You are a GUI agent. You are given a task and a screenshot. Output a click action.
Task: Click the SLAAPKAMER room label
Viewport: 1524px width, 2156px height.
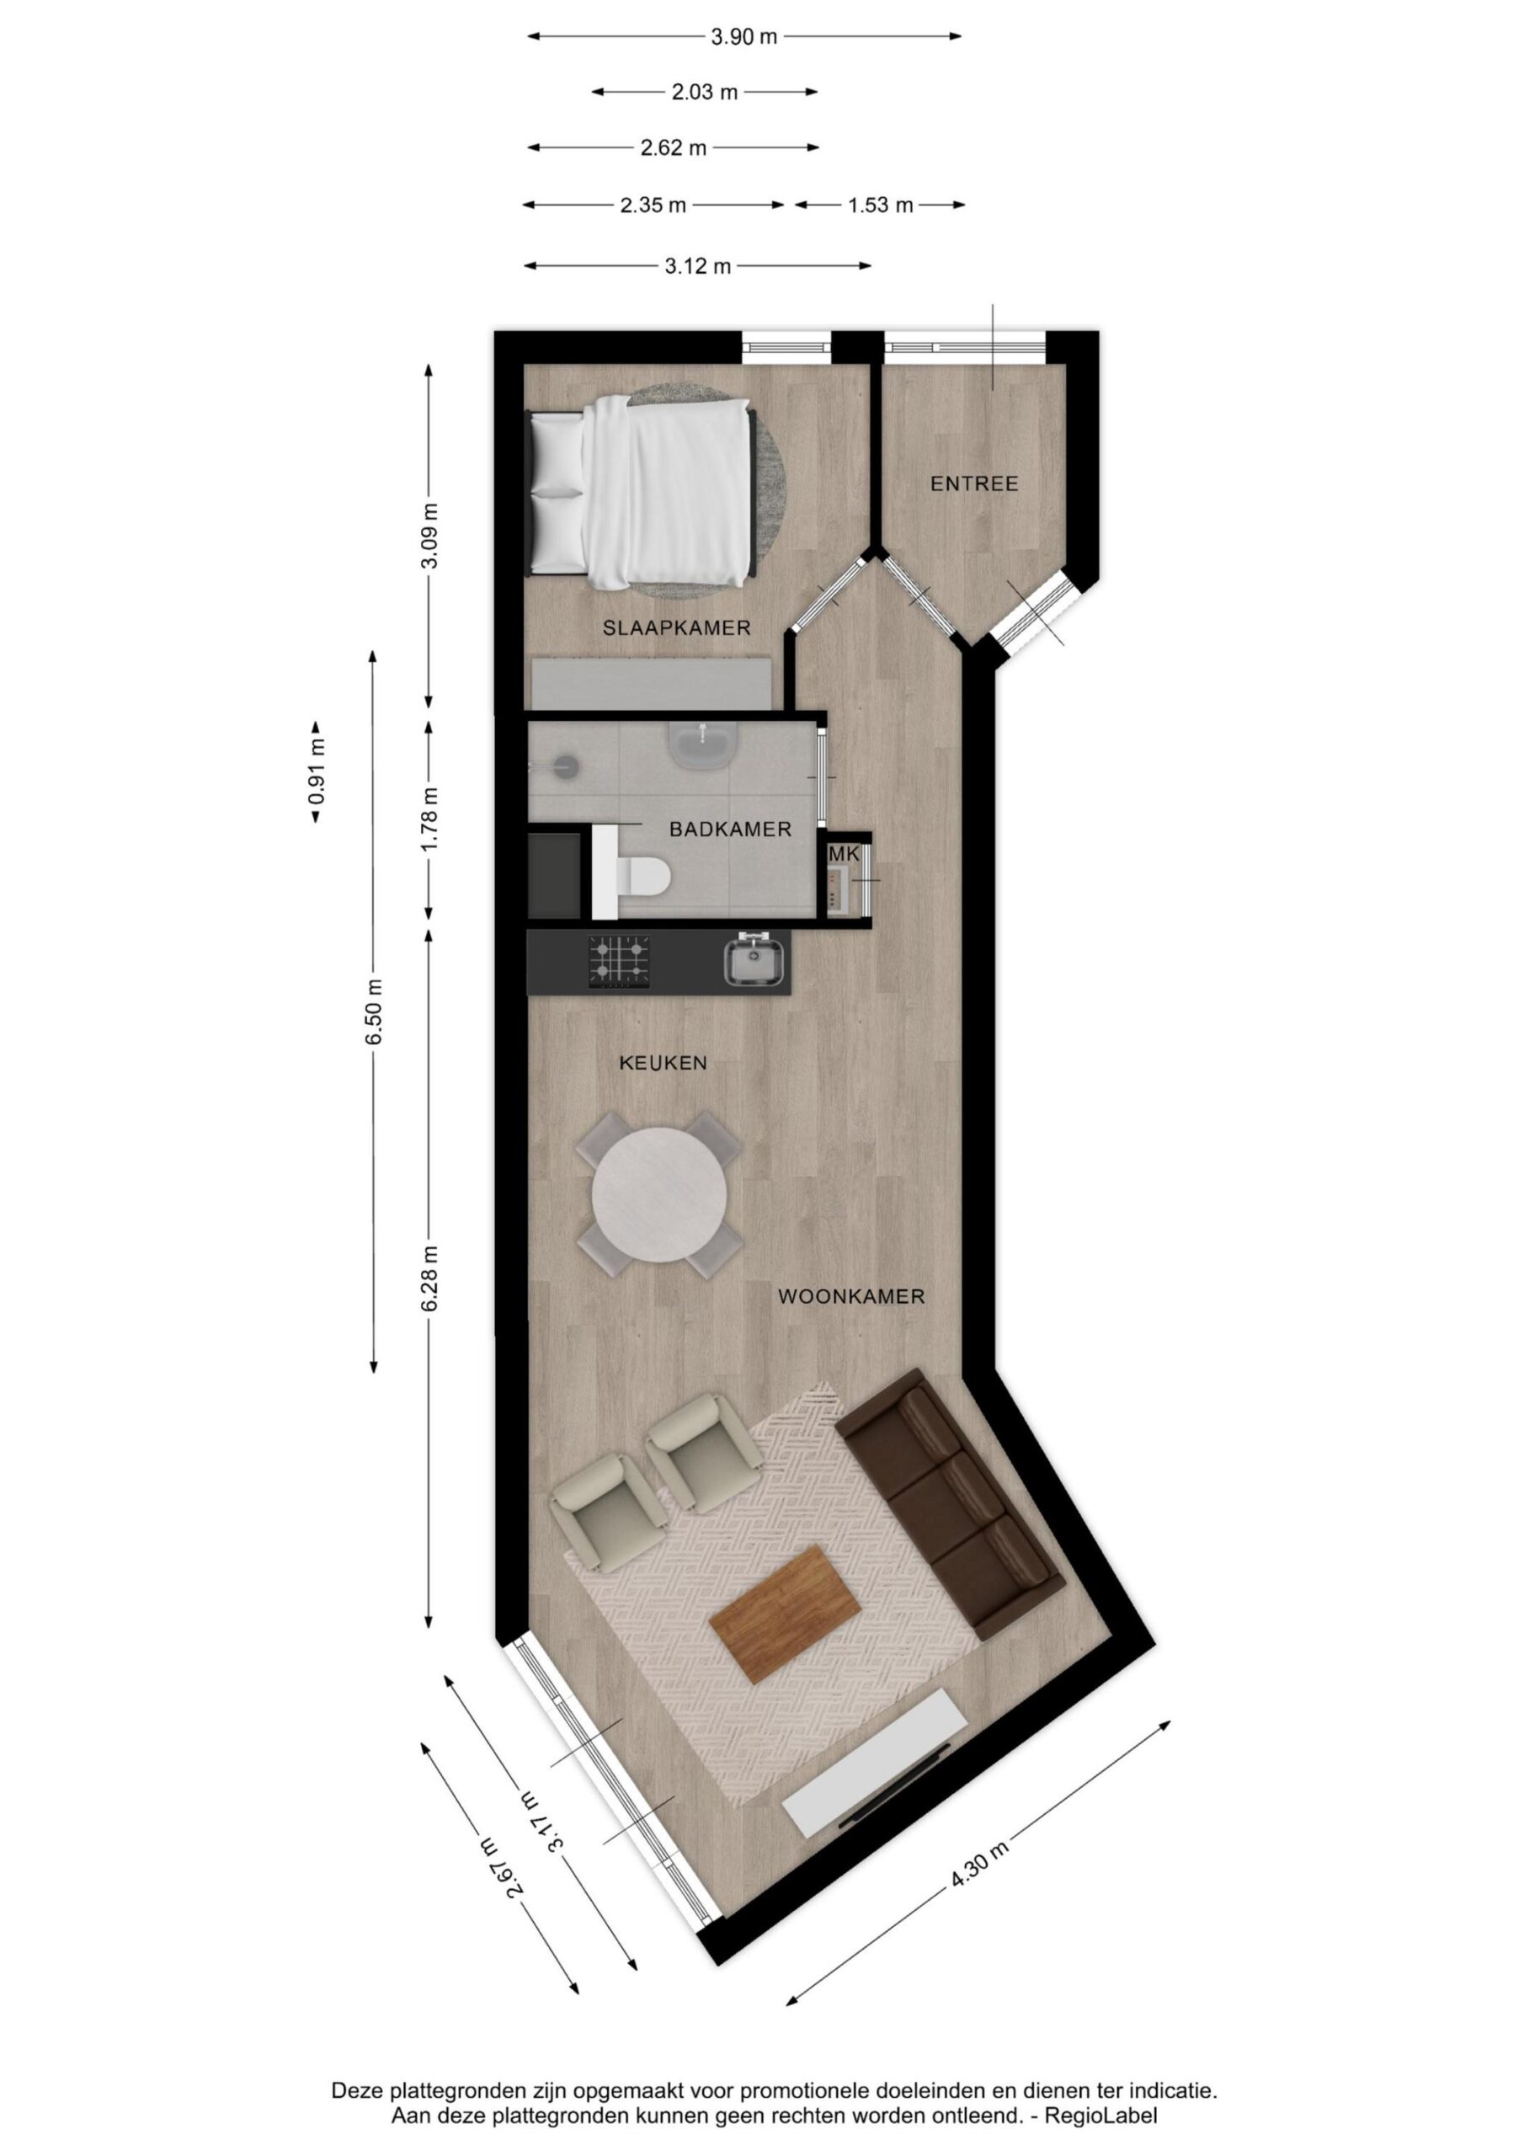pos(676,628)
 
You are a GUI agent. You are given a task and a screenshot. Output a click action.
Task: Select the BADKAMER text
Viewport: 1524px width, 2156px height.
pos(730,830)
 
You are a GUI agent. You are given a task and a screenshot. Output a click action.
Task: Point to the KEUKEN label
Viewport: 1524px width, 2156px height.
pos(662,1063)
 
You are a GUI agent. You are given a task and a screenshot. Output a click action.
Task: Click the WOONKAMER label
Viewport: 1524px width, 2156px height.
pos(850,1297)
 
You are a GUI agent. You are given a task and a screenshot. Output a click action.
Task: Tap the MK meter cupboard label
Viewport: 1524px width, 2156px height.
pos(845,855)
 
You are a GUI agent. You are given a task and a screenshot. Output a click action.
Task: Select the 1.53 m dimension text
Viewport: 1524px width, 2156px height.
pos(880,205)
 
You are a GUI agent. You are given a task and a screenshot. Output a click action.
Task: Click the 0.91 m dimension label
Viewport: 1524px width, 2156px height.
pos(317,772)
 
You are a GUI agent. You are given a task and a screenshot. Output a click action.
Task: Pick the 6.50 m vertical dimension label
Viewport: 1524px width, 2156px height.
pos(375,1011)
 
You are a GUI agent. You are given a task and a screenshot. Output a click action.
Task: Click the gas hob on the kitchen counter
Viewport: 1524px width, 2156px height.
pos(620,962)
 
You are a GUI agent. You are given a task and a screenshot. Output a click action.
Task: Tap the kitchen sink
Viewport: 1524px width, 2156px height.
pos(754,963)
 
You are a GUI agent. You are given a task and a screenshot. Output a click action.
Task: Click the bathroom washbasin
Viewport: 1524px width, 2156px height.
pos(702,744)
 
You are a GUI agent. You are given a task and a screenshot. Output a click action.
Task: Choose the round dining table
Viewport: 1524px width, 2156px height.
pos(659,1194)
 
